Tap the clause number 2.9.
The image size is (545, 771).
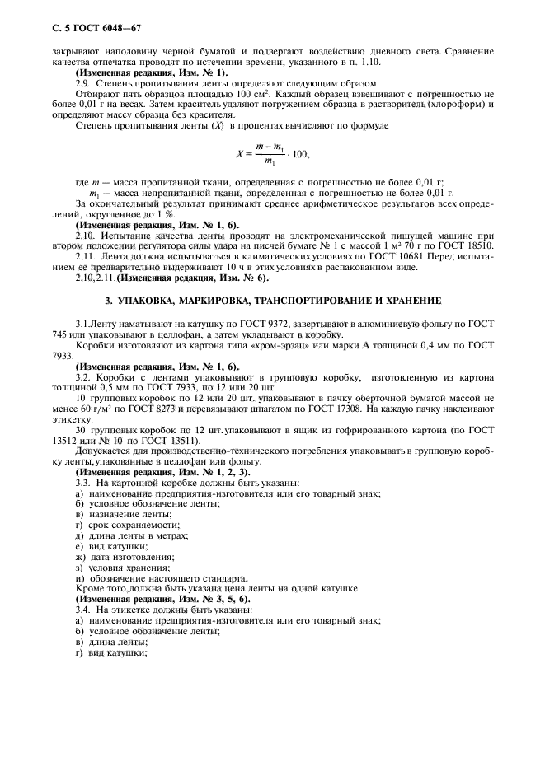click(84, 84)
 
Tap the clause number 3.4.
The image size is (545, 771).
click(84, 611)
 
